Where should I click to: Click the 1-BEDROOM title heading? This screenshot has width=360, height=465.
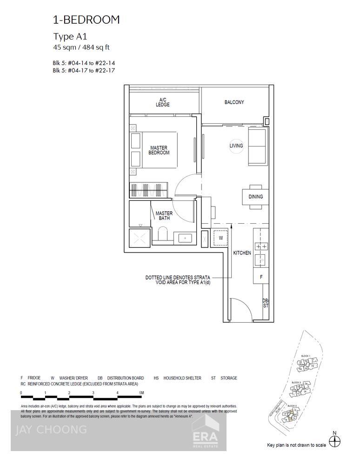[87, 20]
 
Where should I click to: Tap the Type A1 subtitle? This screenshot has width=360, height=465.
[70, 37]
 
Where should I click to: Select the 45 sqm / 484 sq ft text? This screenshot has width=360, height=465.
[81, 47]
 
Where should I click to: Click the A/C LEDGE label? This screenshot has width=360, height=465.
[163, 102]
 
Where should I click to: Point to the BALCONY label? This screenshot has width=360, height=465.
[234, 102]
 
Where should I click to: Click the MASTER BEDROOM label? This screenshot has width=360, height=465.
[159, 150]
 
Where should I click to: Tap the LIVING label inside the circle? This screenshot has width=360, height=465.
[236, 146]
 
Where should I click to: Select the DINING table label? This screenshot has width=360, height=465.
[255, 197]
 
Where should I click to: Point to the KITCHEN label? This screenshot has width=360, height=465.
[242, 253]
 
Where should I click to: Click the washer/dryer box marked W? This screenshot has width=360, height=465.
[221, 238]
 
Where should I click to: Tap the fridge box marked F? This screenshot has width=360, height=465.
[261, 277]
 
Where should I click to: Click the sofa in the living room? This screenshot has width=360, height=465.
[258, 146]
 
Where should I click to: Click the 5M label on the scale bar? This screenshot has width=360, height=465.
[141, 393]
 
